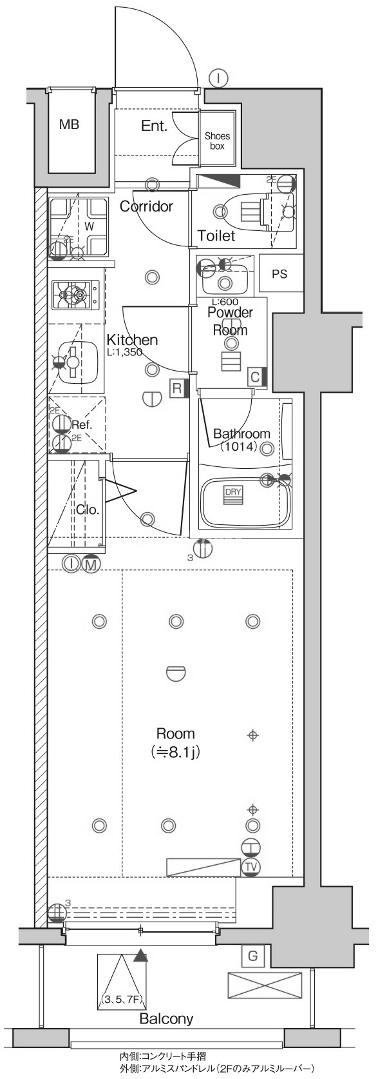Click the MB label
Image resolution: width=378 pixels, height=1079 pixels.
70,124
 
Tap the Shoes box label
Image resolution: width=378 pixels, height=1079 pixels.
218,141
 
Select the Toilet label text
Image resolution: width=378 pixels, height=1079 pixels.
216,235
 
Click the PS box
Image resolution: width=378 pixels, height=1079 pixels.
280,273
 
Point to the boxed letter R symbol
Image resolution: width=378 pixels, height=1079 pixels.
177,389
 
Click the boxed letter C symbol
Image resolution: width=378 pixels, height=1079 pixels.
255,377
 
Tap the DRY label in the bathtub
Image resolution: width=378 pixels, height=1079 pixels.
232,492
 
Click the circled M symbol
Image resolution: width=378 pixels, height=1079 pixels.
90,564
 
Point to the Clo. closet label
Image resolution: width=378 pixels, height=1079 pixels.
88,510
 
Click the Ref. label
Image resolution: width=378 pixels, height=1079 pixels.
82,425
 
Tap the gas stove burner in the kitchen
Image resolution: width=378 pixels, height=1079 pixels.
75,295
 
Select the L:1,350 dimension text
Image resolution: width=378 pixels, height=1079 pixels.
124,352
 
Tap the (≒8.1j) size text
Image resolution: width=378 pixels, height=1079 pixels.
175,751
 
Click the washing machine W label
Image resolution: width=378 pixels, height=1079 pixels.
90,225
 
